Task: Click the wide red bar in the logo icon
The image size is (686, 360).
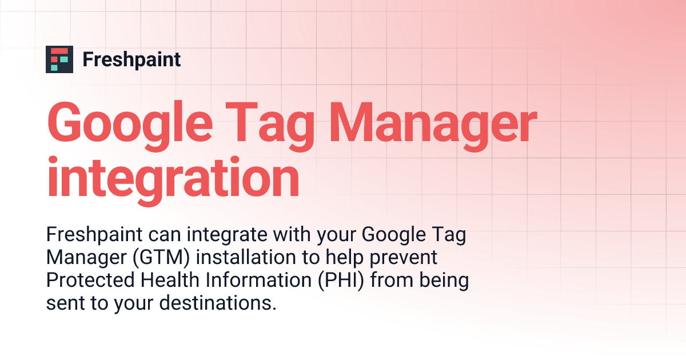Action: (59, 51)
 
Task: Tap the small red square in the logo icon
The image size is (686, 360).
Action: (55, 59)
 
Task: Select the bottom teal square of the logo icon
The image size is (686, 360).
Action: (55, 67)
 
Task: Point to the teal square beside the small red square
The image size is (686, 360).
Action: (63, 59)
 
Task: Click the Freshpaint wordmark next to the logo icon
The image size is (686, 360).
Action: (131, 59)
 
